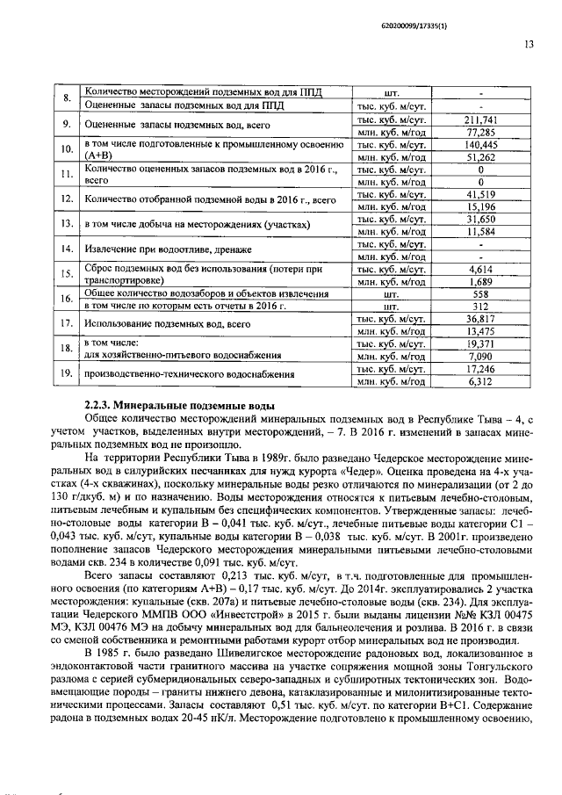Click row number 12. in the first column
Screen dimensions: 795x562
[x=66, y=199]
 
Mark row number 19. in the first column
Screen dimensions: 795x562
[x=66, y=376]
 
